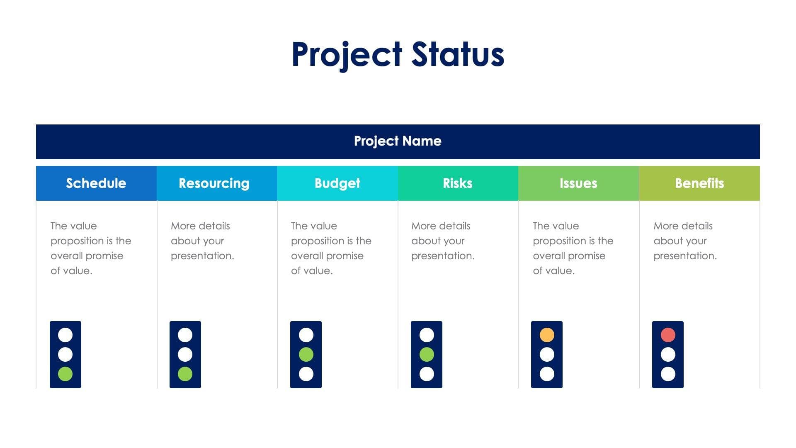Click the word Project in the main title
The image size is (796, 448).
coord(347,54)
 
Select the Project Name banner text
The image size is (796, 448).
coord(398,141)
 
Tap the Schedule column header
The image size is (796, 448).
coord(96,183)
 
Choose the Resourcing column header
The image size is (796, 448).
coord(214,183)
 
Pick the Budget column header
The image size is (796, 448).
coord(337,183)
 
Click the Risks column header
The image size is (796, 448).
coord(458,183)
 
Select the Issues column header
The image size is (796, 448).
coord(578,183)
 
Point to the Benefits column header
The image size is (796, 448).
coord(699,183)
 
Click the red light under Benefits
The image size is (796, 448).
coord(668,335)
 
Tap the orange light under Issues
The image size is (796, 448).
coord(547,335)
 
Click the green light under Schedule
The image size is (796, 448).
coord(65,374)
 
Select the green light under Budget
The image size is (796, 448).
coord(306,354)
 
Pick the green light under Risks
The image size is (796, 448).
coord(427,354)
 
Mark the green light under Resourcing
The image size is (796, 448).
coord(185,374)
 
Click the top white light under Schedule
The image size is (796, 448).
coord(65,335)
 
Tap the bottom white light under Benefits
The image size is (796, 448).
coord(668,374)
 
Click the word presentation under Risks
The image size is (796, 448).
coord(442,256)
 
